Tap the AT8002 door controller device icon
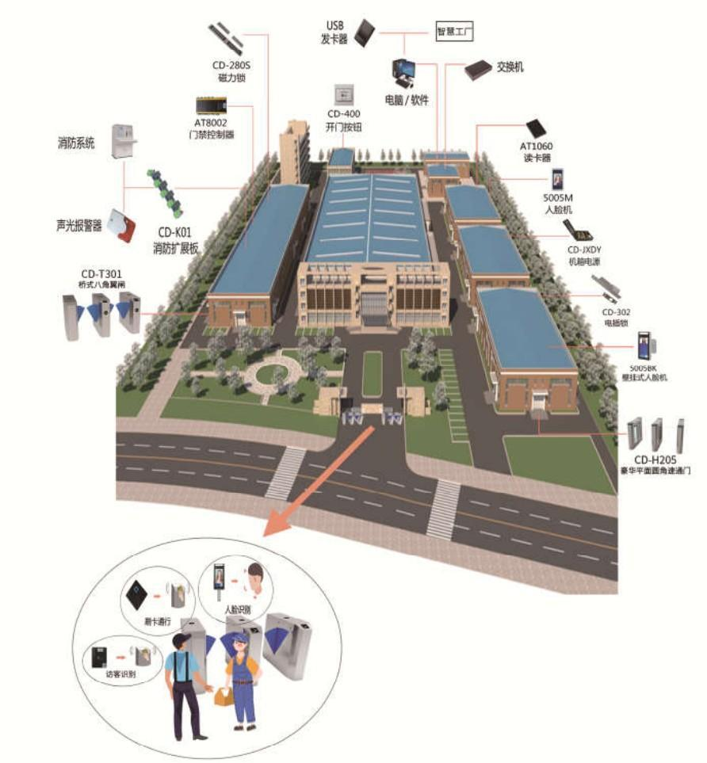point(212,105)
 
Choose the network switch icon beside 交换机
point(479,70)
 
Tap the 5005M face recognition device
point(559,180)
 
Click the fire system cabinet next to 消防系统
point(122,142)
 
